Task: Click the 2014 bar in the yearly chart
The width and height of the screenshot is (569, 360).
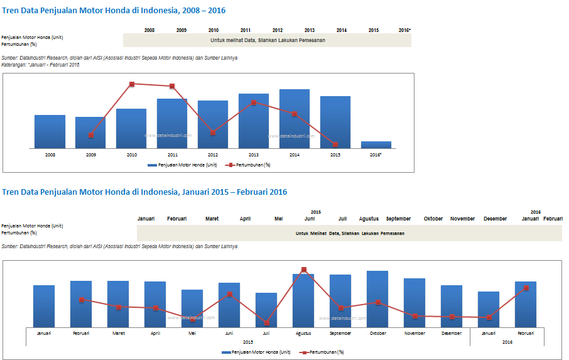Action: (x=294, y=119)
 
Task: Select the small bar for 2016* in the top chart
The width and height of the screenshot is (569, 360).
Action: (x=376, y=145)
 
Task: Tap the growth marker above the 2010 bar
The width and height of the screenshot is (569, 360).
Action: (x=132, y=84)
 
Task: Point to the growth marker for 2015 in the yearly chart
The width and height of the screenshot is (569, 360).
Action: (x=335, y=145)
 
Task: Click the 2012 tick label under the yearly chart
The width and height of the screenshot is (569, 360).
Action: (x=213, y=155)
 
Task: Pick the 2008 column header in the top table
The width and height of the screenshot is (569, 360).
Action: (x=149, y=30)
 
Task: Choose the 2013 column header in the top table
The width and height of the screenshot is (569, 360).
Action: (x=310, y=30)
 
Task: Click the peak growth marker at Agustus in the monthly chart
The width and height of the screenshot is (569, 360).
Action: (x=304, y=270)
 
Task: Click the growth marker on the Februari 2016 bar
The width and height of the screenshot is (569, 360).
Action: (x=526, y=288)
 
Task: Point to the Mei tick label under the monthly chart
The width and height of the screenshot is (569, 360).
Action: (x=192, y=334)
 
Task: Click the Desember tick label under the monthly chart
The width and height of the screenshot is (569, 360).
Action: (x=452, y=334)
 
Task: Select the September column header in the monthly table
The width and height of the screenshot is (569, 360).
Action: (x=398, y=219)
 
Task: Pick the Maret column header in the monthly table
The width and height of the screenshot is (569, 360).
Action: (x=212, y=219)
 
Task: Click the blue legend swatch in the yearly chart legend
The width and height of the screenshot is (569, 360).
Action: (x=152, y=165)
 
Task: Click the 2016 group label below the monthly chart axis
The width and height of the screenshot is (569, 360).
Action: (x=507, y=342)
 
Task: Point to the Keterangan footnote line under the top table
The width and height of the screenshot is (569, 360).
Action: (x=40, y=65)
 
